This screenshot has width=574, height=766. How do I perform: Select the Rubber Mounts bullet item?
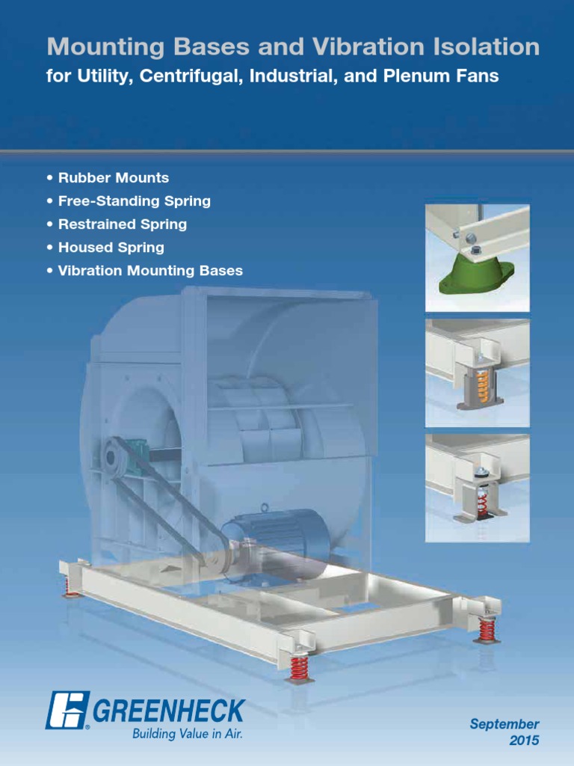113,178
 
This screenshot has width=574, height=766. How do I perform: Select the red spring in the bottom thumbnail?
482,503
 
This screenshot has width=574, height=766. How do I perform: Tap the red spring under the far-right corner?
487,629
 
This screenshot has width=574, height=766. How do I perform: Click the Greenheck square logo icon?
67,709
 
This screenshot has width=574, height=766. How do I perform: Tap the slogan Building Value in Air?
188,734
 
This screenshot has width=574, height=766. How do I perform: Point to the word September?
504,724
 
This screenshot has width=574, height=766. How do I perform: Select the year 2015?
524,741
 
